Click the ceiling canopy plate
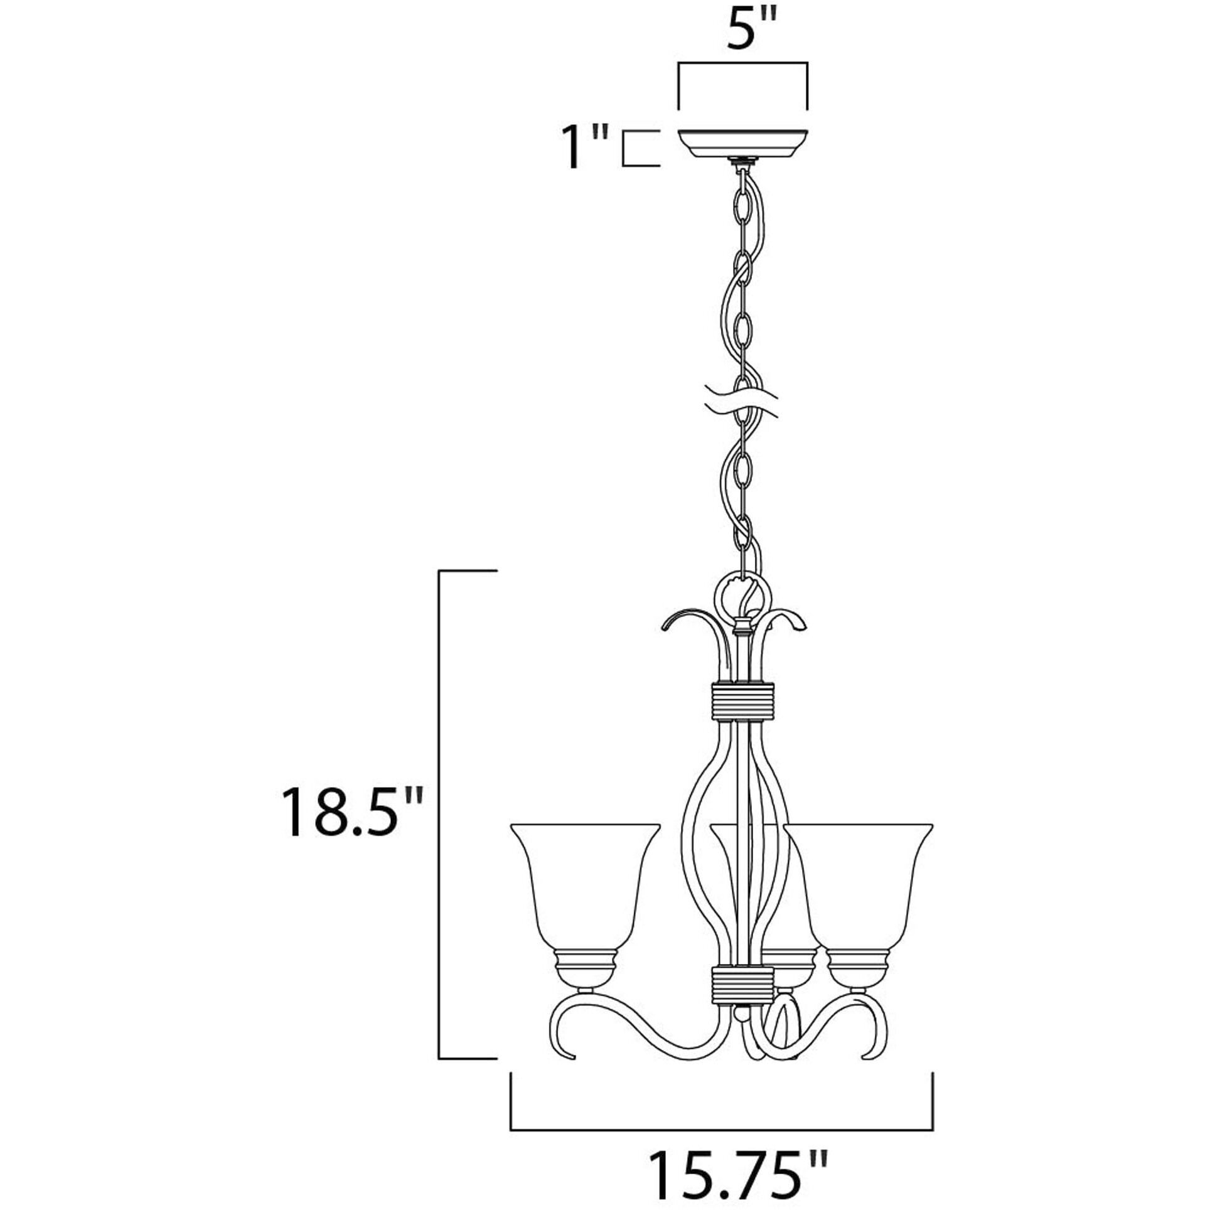(742, 144)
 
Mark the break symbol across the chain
(742, 402)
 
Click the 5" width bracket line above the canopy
(742, 63)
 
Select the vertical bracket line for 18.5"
(439, 815)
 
